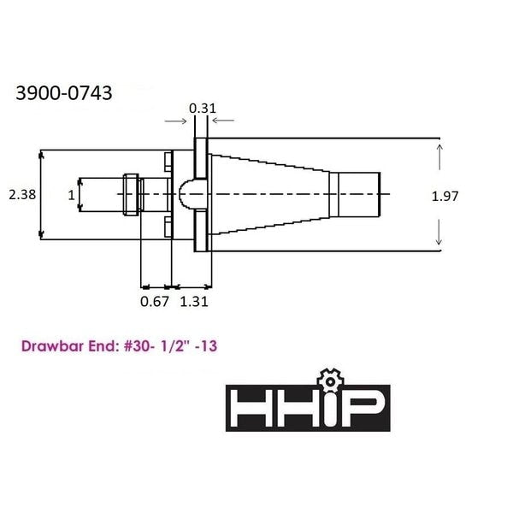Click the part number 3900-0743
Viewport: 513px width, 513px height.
(x=64, y=92)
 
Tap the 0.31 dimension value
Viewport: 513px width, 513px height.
(x=203, y=109)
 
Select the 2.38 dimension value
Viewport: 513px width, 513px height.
(x=22, y=195)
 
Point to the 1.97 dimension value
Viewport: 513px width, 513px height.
(x=445, y=197)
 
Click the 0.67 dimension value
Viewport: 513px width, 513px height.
(x=155, y=301)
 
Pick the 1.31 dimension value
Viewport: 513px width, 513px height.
(x=194, y=301)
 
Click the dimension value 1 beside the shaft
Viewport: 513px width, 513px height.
(x=71, y=195)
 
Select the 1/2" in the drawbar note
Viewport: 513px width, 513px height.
(x=175, y=345)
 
